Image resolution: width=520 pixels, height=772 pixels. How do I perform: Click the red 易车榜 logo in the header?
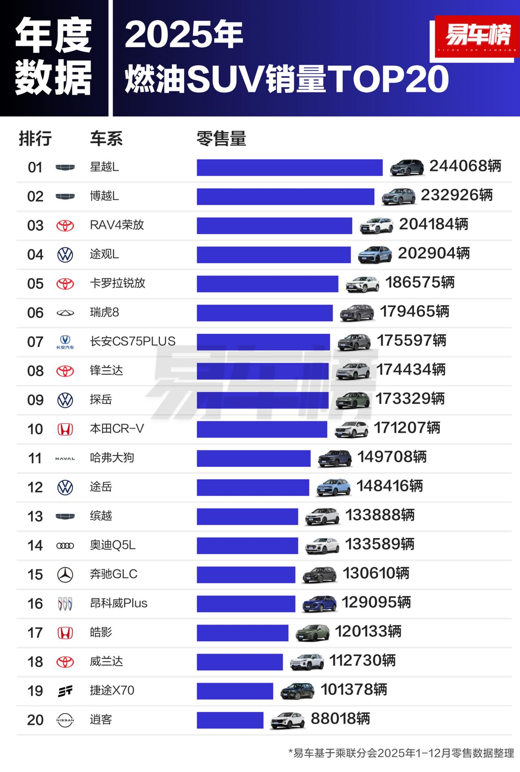pyautogui.click(x=477, y=36)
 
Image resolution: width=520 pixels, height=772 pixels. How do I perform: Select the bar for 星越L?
pyautogui.click(x=289, y=167)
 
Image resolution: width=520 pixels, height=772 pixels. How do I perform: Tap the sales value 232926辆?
pyautogui.click(x=457, y=195)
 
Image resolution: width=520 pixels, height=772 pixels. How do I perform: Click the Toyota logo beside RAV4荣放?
pyautogui.click(x=65, y=225)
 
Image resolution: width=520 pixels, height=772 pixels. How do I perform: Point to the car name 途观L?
pyautogui.click(x=104, y=254)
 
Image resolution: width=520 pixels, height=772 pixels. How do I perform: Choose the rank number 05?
pyautogui.click(x=35, y=283)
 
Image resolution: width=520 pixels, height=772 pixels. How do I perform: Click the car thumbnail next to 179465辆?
pyautogui.click(x=357, y=312)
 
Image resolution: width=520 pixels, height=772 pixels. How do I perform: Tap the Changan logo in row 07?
pyautogui.click(x=65, y=342)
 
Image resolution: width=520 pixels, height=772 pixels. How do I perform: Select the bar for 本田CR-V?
pyautogui.click(x=262, y=429)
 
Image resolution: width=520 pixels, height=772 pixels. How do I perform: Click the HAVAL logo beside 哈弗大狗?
pyautogui.click(x=65, y=458)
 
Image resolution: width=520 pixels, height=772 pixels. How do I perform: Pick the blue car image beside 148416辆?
pyautogui.click(x=333, y=487)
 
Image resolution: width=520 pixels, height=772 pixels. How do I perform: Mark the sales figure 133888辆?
pyautogui.click(x=380, y=515)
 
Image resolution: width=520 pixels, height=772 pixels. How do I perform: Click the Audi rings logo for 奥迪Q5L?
pyautogui.click(x=65, y=546)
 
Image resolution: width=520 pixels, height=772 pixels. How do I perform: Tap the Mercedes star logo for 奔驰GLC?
pyautogui.click(x=65, y=575)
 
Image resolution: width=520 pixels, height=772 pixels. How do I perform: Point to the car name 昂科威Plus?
pyautogui.click(x=119, y=603)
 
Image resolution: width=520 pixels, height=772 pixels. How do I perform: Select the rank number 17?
pyautogui.click(x=35, y=633)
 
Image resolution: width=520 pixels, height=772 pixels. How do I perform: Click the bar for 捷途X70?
pyautogui.click(x=235, y=691)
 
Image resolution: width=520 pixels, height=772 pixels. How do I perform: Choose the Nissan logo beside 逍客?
pyautogui.click(x=65, y=720)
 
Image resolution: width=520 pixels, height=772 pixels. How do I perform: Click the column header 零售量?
pyautogui.click(x=221, y=139)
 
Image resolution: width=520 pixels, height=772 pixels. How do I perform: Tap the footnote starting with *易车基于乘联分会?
pyautogui.click(x=401, y=753)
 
